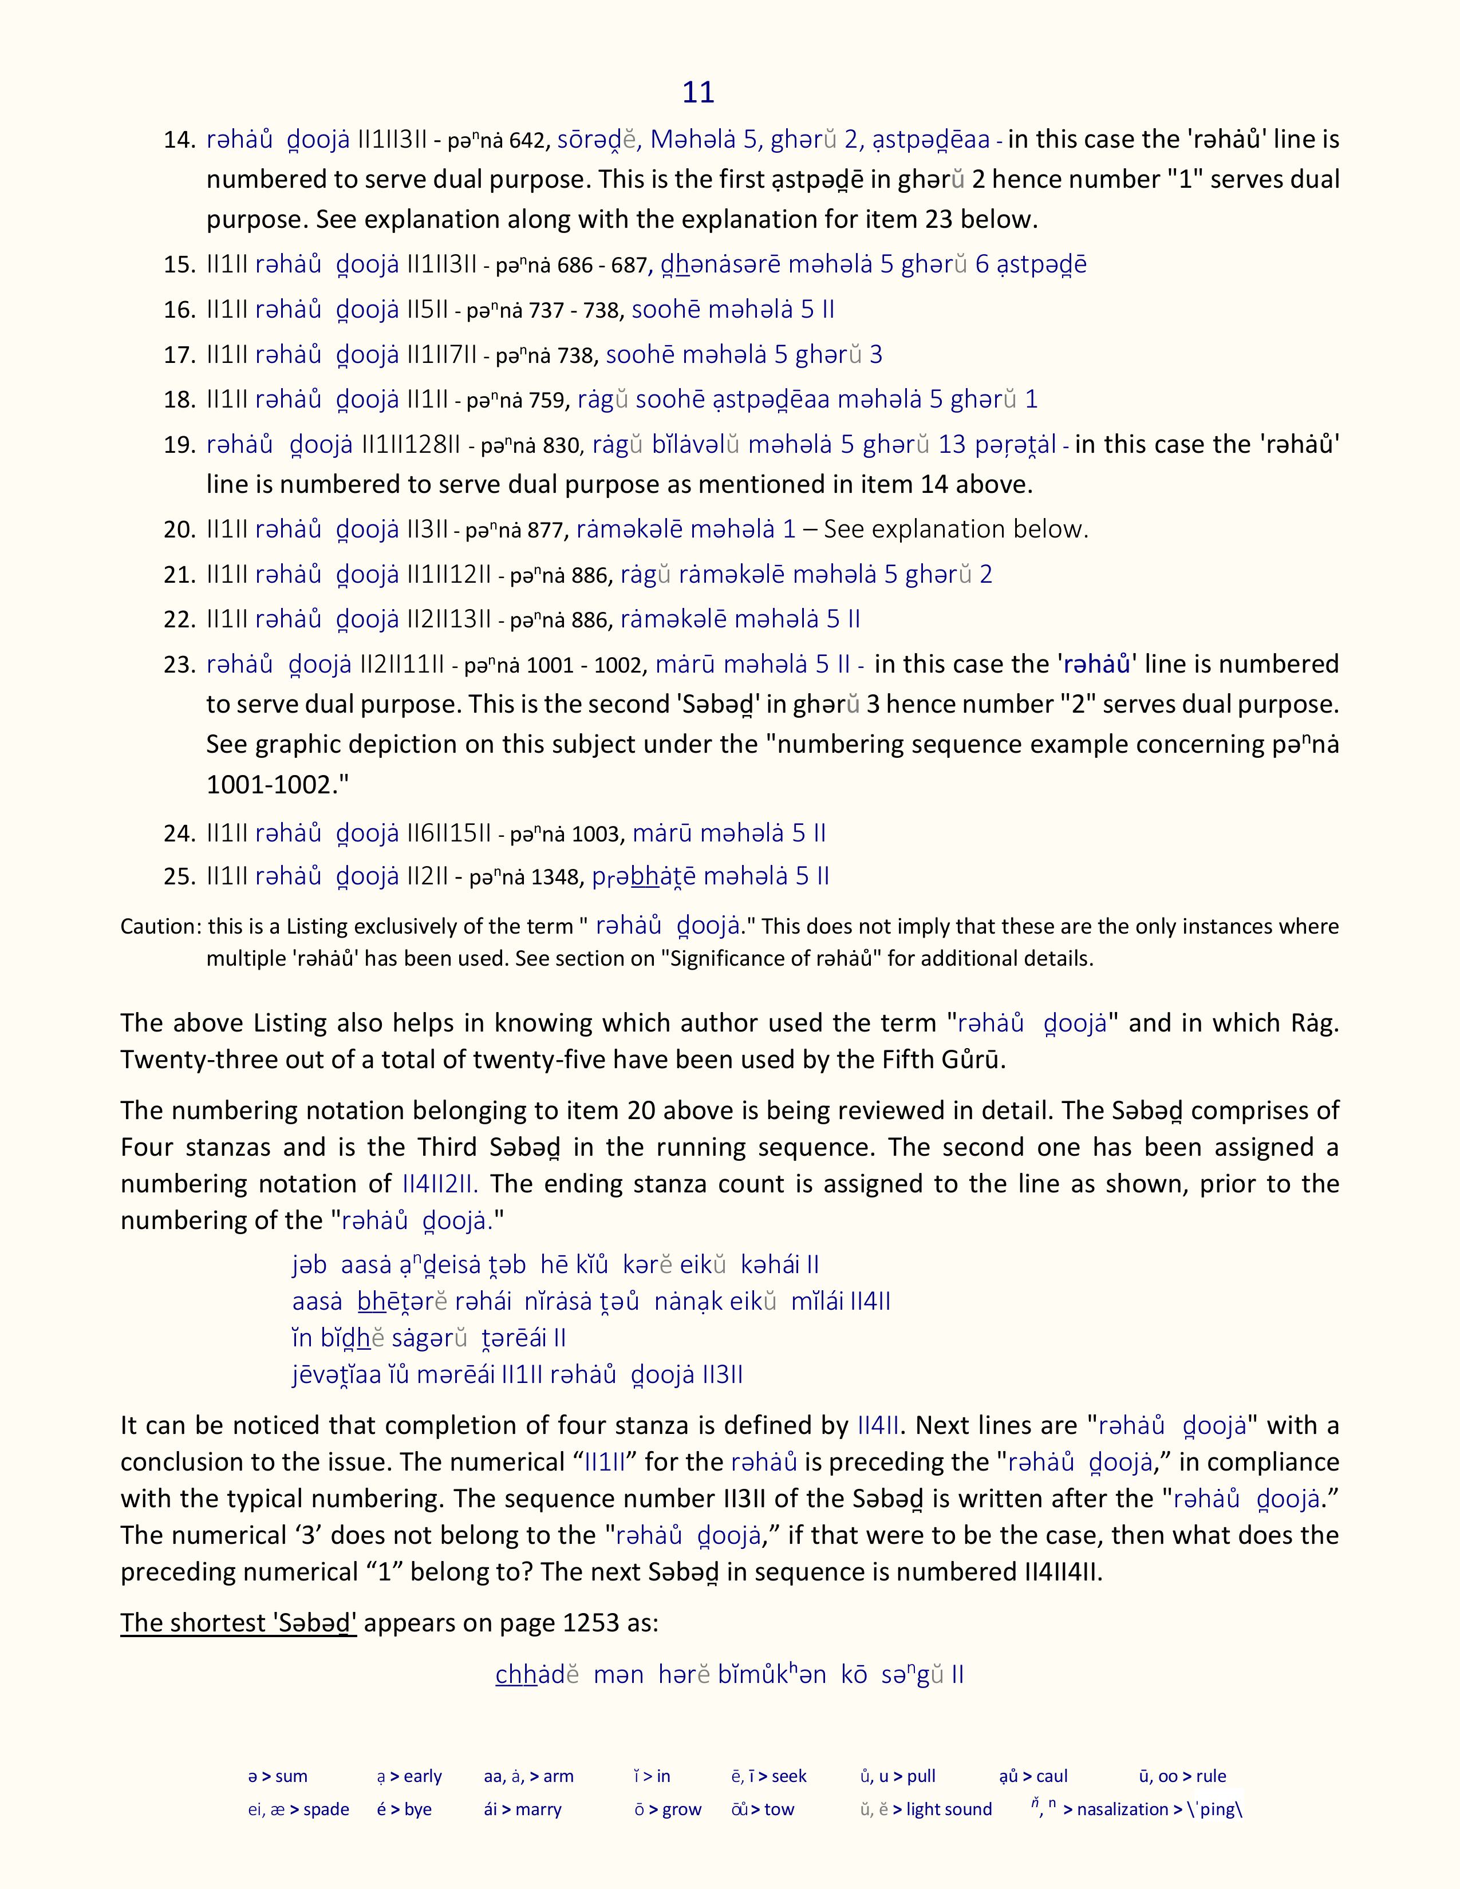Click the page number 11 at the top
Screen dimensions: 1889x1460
pos(698,93)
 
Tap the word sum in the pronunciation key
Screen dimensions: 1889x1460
pos(291,1777)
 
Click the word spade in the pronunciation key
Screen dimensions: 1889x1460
pos(326,1809)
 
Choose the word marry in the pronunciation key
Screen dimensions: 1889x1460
pos(538,1809)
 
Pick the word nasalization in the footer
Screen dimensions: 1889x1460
pos(1123,1809)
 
